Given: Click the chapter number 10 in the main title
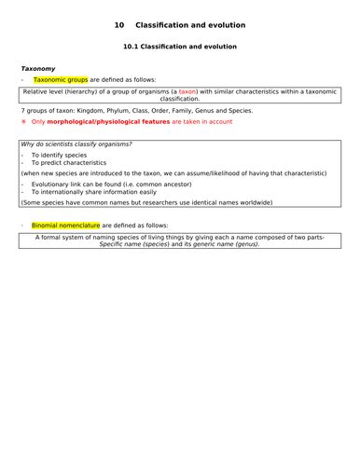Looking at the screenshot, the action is (118, 23).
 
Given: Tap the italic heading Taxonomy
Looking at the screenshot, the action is (38, 68).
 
